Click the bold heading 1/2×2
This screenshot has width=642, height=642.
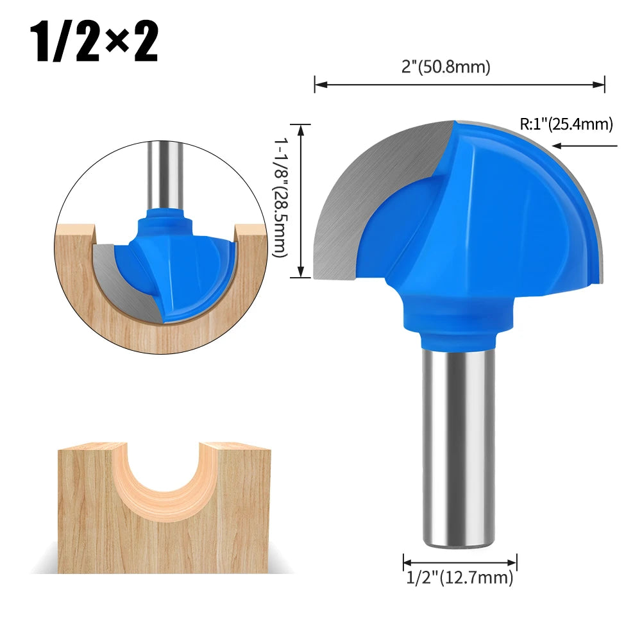pos(94,42)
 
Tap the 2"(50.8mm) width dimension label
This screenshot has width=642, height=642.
pos(446,66)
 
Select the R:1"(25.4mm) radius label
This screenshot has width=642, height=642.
pos(566,124)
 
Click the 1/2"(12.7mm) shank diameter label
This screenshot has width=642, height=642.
pos(459,577)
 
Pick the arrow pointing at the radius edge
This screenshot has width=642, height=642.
pos(585,146)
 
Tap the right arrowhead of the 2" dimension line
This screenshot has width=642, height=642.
pos(598,85)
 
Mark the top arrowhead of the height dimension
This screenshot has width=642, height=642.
pos(301,130)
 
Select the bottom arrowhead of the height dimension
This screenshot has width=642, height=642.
pos(301,271)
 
